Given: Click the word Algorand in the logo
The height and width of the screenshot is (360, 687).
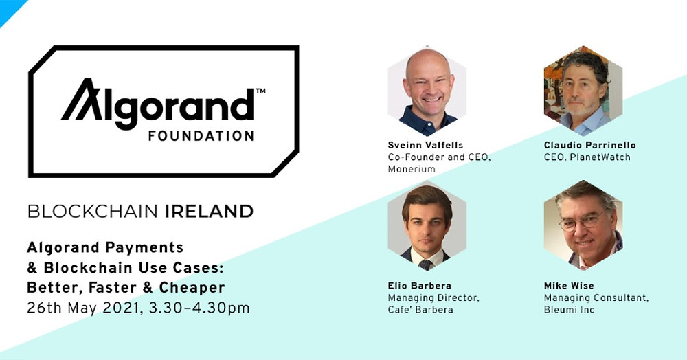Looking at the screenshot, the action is coord(158,104).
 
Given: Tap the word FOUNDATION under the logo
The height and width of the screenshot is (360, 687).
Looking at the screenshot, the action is coord(201,136).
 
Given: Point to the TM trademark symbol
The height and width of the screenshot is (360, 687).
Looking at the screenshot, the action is coord(260,91).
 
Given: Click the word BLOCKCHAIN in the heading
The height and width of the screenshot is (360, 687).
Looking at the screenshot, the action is coord(93,212).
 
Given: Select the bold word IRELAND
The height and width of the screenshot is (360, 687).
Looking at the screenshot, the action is coord(209,212).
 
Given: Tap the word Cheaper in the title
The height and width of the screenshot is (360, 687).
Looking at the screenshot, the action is coord(192,287).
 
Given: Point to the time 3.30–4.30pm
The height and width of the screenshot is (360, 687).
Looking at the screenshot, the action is coord(199,308).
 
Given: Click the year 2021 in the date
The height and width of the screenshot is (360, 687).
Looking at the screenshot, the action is coord(121,308).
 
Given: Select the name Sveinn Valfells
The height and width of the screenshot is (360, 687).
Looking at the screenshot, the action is coord(425,145).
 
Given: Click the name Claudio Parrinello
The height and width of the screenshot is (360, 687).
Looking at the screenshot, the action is coord(589,145).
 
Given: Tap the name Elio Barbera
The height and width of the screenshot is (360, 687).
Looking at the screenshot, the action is coord(419,286).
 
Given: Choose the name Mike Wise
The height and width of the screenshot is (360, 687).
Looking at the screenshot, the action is coord(569,286).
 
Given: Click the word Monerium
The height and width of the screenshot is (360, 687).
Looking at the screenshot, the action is coord(412,169).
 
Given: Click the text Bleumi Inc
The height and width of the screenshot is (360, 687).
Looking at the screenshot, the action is coord(569,310).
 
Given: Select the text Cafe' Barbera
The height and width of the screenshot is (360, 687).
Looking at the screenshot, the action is coord(420,310).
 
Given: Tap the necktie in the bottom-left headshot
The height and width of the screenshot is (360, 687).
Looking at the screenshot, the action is coord(425,265).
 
